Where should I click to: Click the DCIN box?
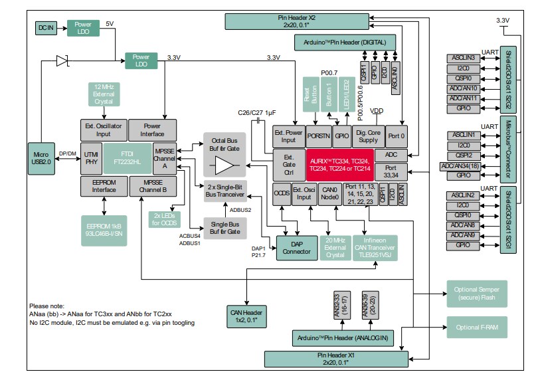tap(45, 28)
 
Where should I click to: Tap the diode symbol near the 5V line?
tap(62, 61)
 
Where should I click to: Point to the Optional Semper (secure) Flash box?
tap(476, 293)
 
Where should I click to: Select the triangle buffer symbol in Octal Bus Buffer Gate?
tap(224, 161)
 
